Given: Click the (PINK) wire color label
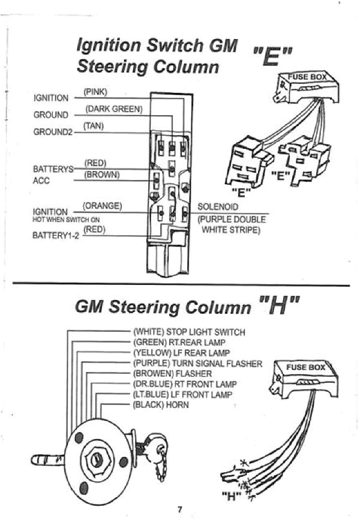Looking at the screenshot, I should [95, 92].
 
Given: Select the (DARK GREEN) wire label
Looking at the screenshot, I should [114, 109].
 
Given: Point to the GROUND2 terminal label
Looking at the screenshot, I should [52, 132].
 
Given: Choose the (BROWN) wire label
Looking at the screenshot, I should [102, 175].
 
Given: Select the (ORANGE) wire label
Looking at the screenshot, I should [102, 206].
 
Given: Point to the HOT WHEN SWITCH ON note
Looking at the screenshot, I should [58, 220].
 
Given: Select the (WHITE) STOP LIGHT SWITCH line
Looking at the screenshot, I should [189, 332].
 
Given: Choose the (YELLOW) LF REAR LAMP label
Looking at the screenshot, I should [181, 353].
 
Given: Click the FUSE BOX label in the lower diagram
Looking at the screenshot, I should [305, 367].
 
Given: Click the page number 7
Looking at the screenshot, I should [179, 510].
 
